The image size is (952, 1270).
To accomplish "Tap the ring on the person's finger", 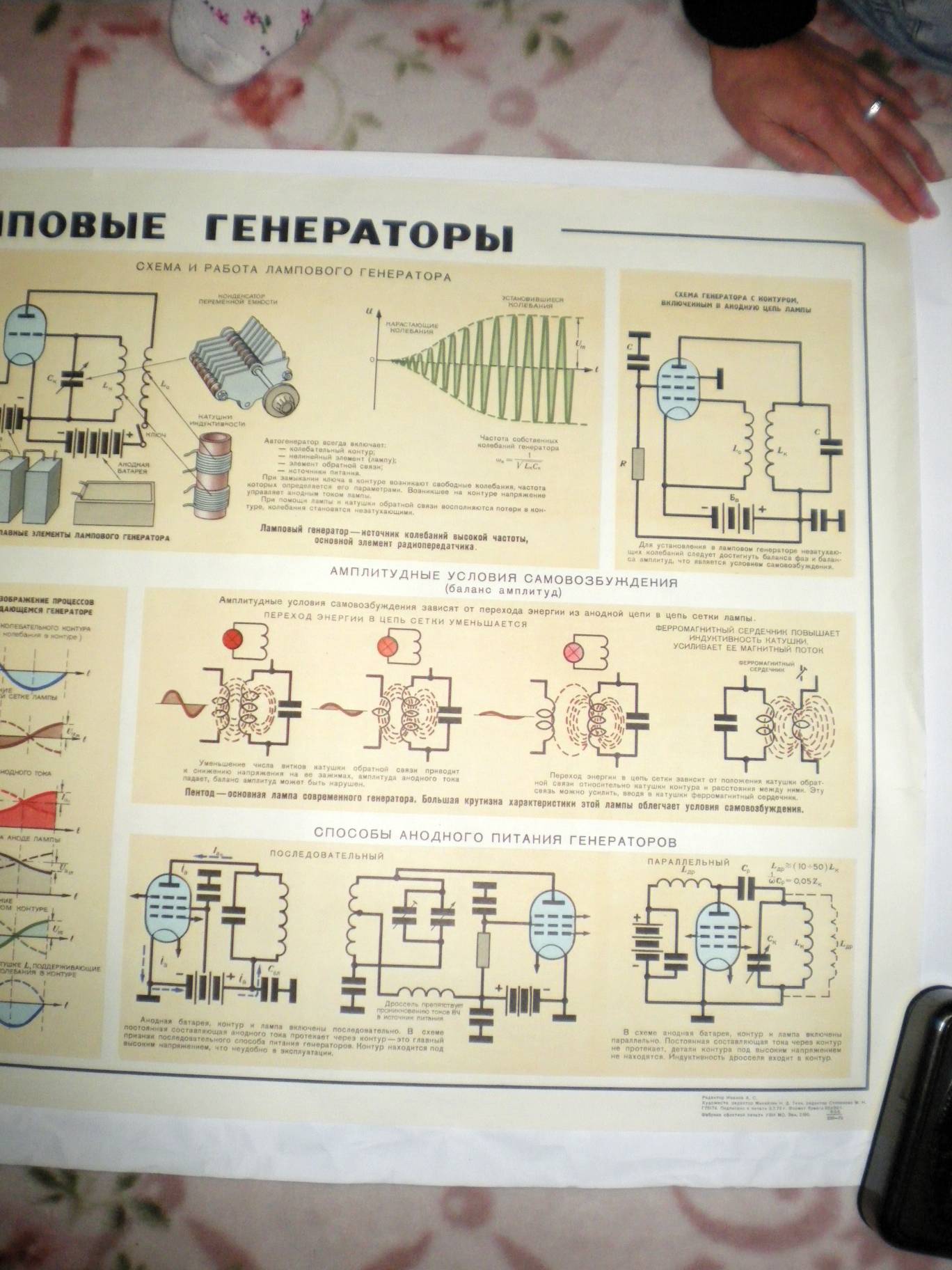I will pos(874,107).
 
